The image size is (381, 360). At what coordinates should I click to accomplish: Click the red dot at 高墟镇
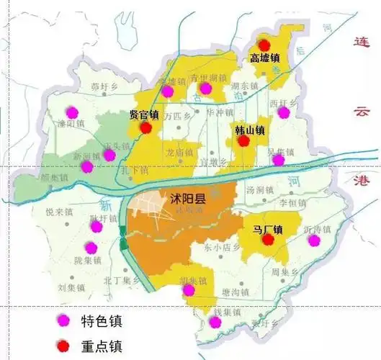(264, 45)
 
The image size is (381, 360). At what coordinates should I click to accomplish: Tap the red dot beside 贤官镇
(146, 127)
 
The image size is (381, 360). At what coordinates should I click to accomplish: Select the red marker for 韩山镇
(244, 141)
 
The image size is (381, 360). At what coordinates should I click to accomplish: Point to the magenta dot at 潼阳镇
(71, 112)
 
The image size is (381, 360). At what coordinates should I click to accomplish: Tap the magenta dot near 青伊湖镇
(205, 88)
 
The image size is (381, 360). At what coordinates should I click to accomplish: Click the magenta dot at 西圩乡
(284, 112)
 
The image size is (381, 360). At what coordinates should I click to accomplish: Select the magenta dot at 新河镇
(86, 166)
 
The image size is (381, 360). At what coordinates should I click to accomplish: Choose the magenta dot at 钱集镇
(215, 322)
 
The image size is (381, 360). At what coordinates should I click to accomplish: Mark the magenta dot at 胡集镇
(189, 290)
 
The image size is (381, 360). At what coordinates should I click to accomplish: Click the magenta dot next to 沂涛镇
(313, 240)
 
